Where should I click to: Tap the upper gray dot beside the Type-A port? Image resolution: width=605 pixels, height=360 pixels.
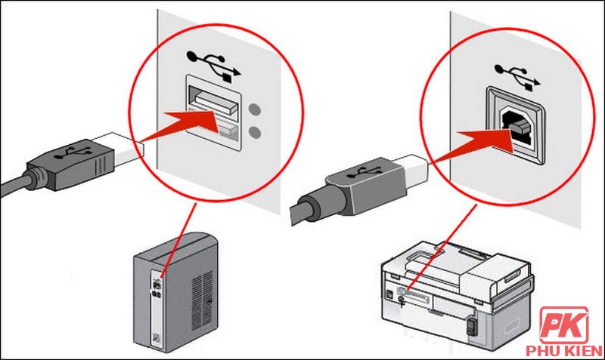(256, 107)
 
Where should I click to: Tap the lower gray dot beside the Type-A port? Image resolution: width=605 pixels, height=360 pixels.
(256, 132)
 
